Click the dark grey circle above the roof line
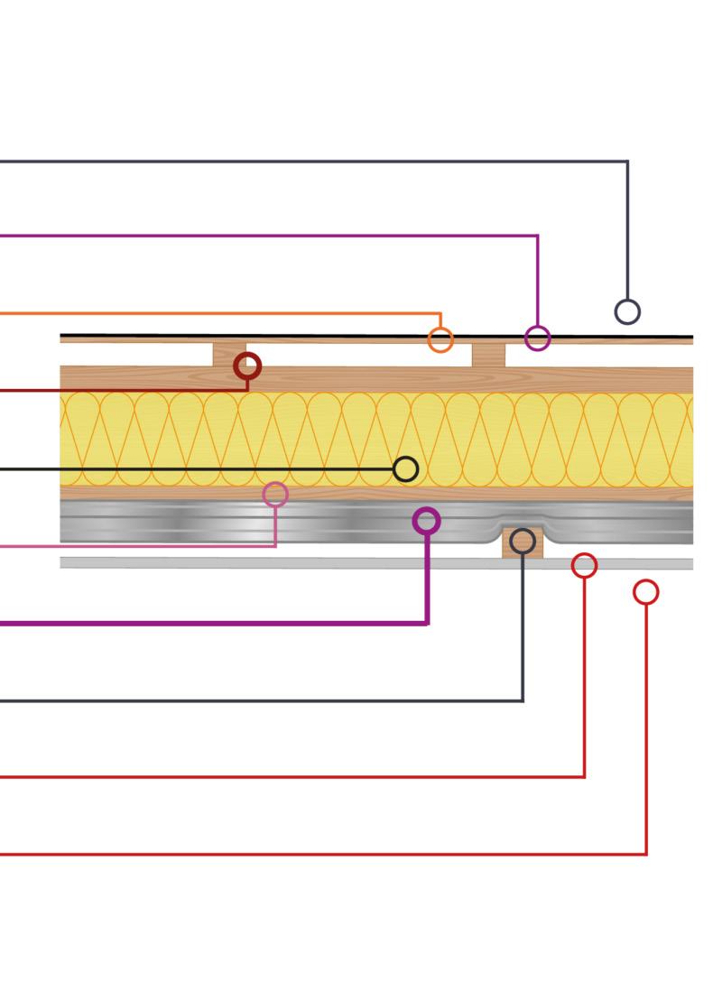coord(627,311)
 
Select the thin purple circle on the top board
coord(538,338)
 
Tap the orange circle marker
coord(440,340)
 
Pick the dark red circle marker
coord(247,366)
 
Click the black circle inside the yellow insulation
coord(406,468)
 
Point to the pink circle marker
coord(275,494)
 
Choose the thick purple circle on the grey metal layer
coord(427,521)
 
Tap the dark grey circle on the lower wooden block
coord(523,542)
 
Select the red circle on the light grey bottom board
coord(585,566)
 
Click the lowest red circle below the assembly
coord(646,592)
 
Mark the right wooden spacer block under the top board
coord(488,355)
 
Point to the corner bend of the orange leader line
coord(440,314)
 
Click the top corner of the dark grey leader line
coord(627,162)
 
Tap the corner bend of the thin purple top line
coord(538,236)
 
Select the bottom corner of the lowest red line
coord(646,853)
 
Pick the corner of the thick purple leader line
coord(427,622)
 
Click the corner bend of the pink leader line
coord(275,545)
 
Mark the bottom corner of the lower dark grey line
coord(523,700)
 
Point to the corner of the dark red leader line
coord(247,390)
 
